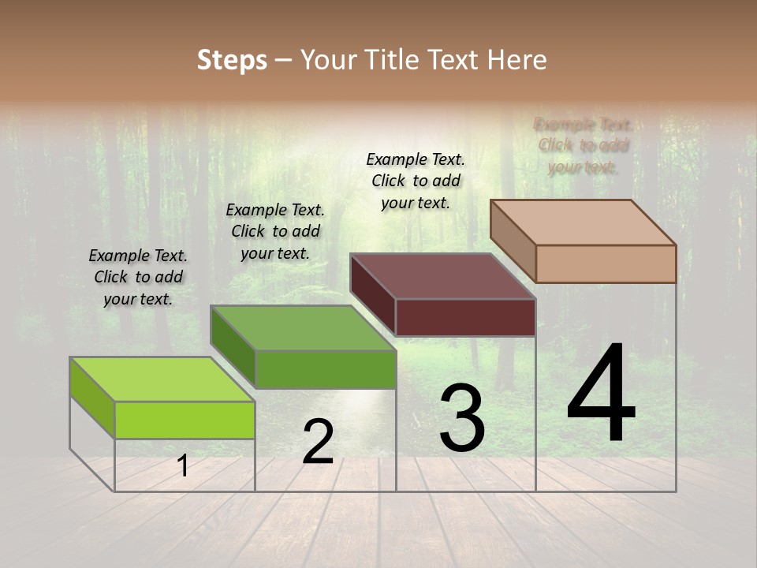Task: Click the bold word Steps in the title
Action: (x=232, y=60)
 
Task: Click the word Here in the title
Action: (x=517, y=60)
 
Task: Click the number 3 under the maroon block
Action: (x=462, y=418)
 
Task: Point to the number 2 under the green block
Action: (x=318, y=442)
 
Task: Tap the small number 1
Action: (x=183, y=466)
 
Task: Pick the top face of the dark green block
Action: (x=303, y=327)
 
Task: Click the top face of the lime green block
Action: (x=162, y=379)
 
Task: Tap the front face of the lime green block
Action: (x=185, y=420)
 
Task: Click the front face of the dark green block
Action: (x=325, y=369)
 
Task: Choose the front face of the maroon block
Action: (x=465, y=317)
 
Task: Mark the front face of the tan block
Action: (x=606, y=263)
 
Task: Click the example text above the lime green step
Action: (x=138, y=277)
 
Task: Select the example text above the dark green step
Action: (x=275, y=231)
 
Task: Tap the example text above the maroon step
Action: (x=416, y=181)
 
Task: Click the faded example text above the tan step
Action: (x=583, y=145)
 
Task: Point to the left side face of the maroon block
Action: (x=372, y=295)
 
